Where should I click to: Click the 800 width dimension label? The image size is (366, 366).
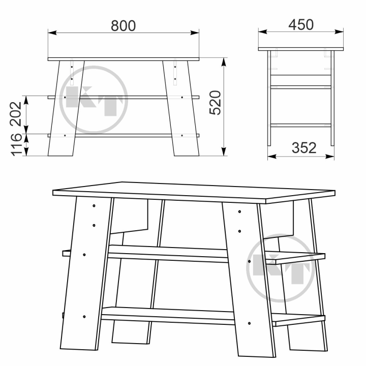tap(123, 26)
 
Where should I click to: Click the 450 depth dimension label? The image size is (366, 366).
tap(301, 25)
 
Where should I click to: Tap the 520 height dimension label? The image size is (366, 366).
tap(215, 103)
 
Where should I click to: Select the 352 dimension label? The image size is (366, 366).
tap(304, 148)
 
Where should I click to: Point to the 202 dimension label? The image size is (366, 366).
tap(16, 114)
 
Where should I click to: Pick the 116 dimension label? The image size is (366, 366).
tap(16, 145)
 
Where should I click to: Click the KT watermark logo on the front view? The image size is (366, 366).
tap(94, 100)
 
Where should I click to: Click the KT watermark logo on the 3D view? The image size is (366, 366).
tap(280, 268)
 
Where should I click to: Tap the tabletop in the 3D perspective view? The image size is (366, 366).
tap(194, 192)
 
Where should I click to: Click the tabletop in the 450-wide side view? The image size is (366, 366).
tap(301, 49)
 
